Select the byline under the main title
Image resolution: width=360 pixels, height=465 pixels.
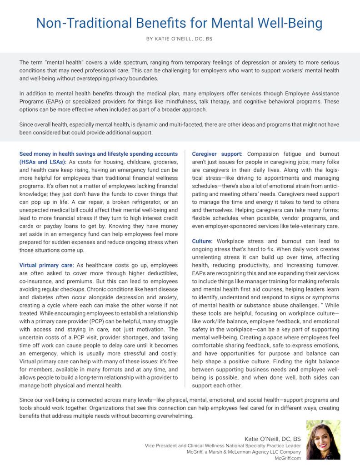tap(180, 40)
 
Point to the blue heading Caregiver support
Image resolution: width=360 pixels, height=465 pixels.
tap(217, 154)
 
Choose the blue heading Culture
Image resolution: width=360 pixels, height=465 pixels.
tap(202, 241)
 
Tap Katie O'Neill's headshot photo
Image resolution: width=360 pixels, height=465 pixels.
tap(323, 439)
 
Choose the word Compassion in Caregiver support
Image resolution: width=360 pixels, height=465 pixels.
tap(265, 154)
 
